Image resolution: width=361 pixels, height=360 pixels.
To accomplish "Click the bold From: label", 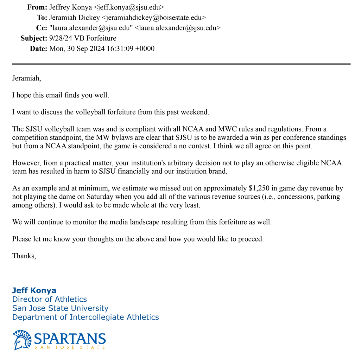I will (37, 7).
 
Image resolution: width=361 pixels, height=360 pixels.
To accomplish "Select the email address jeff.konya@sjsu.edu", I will (129, 7).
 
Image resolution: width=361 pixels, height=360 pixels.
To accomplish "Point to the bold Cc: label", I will (41, 28).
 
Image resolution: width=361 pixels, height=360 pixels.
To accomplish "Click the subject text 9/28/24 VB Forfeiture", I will (83, 38).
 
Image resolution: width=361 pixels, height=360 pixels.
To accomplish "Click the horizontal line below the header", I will (181, 64).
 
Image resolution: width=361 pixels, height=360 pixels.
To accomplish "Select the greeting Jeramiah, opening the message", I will (27, 78).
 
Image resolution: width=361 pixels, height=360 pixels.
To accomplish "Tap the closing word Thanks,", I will (24, 256).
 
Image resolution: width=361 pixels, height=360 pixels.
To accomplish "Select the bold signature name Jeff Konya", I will (34, 290).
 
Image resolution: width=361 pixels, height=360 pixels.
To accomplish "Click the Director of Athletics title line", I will (49, 299).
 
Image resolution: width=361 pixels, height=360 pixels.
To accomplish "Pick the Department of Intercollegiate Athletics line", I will (85, 317).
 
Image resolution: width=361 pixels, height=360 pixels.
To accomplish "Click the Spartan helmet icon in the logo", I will (22, 340).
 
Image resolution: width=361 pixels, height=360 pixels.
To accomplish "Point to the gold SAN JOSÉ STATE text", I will (70, 347).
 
